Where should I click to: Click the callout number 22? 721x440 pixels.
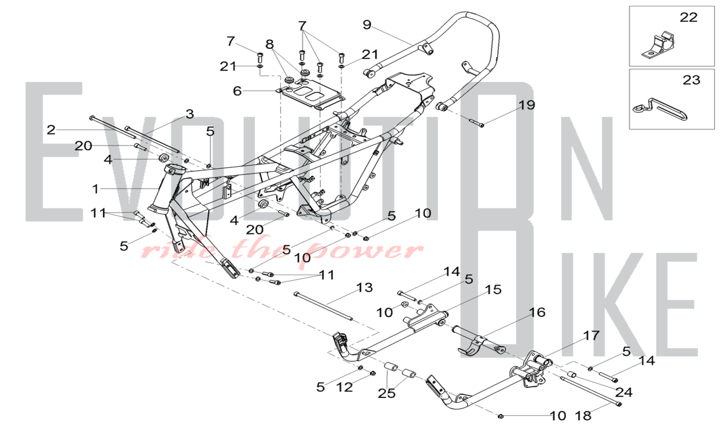point(689,17)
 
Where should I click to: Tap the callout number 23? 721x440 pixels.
point(691,80)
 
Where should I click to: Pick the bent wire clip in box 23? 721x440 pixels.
point(660,109)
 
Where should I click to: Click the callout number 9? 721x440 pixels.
point(367,25)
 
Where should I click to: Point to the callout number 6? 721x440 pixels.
point(237,91)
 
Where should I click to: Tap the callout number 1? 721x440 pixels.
point(96,189)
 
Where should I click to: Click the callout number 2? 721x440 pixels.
point(51,130)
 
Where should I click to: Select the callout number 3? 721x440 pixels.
point(190,114)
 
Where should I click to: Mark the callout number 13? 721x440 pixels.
point(364,287)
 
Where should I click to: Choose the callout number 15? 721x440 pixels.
point(493,290)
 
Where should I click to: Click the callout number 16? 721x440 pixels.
point(537,312)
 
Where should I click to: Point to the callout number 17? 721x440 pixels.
point(591,336)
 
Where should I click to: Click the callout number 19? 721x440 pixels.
point(527,105)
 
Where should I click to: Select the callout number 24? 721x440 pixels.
point(624,392)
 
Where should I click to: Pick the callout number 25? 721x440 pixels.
point(386,393)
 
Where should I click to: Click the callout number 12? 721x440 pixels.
point(344,387)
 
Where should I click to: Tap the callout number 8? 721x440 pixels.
point(270,44)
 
